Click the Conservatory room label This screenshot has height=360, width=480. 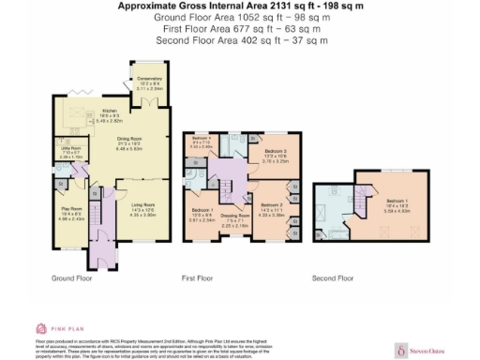click(x=150, y=79)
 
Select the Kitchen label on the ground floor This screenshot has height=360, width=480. click(x=110, y=111)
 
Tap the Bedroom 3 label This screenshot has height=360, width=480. click(x=274, y=150)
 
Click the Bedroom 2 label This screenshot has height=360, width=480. click(x=270, y=204)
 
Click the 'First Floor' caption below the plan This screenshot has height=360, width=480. click(x=199, y=278)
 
